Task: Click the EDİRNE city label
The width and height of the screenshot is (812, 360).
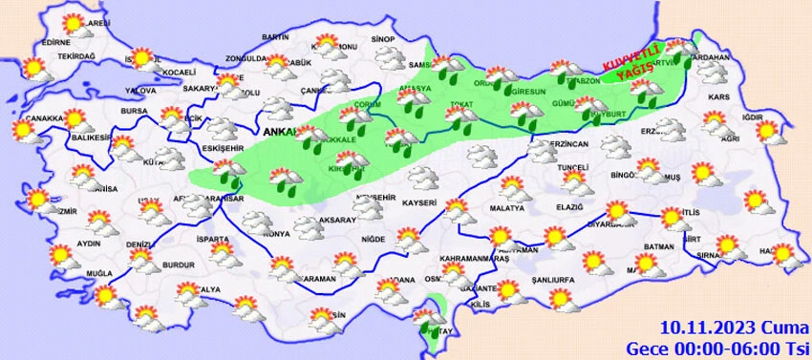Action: click(57, 43)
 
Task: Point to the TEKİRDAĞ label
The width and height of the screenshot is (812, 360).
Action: click(77, 57)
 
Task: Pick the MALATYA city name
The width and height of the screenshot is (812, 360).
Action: click(508, 208)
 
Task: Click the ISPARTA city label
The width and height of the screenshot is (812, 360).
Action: click(210, 239)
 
